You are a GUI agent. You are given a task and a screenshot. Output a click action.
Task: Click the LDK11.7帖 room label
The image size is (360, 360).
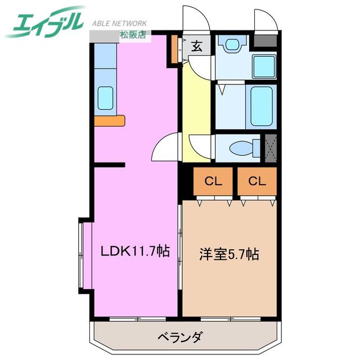point(135,251)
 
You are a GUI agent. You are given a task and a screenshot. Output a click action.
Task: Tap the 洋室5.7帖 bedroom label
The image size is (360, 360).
point(229,254)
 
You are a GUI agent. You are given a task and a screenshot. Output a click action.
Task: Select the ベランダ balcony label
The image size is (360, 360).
point(181,337)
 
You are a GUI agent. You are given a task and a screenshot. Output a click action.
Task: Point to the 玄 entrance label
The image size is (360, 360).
point(197,46)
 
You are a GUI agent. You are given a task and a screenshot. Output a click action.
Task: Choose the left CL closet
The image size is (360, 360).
point(213,181)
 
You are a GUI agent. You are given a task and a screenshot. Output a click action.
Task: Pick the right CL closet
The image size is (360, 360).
point(257,181)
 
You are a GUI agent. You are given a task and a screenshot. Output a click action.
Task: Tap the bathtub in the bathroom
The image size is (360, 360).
point(262,106)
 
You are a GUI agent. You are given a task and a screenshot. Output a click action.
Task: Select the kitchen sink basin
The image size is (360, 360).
point(105,98)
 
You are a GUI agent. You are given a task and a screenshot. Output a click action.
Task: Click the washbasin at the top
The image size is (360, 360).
point(232,44)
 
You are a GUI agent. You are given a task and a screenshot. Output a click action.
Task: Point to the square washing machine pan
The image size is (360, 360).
point(264,66)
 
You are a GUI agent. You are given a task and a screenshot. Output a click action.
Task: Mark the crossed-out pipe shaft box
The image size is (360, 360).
point(271,148)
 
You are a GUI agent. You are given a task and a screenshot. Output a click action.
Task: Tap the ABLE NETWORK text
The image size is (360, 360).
point(119,24)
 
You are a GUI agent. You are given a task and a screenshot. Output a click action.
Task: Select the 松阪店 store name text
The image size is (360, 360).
point(133,34)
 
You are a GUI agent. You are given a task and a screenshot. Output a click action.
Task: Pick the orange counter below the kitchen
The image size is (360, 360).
point(110,121)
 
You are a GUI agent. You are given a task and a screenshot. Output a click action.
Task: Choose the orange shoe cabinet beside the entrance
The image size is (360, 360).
point(174,49)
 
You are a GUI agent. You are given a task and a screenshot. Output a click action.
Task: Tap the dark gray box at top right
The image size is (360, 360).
point(265,41)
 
